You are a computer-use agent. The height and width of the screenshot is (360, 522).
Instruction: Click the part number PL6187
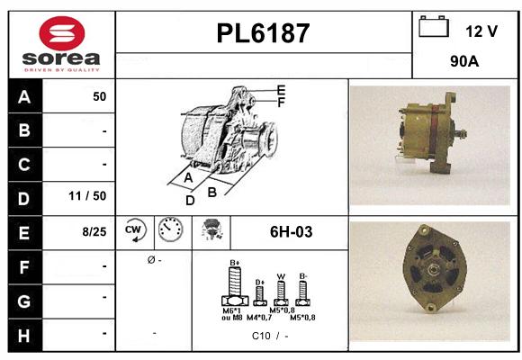tap(263, 33)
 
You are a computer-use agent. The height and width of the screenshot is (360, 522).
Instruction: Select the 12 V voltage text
tap(481, 31)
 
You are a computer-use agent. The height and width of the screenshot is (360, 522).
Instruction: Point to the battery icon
tap(435, 28)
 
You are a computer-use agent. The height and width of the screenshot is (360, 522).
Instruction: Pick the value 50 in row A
tap(99, 96)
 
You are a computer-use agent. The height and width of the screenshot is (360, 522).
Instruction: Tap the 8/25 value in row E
tap(93, 231)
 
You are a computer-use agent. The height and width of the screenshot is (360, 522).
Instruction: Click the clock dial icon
tap(169, 231)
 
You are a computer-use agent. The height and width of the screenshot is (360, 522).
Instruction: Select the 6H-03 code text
tap(291, 232)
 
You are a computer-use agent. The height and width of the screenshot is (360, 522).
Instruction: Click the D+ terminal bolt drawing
tap(259, 292)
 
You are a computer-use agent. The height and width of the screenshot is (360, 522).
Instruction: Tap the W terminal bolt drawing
tap(280, 291)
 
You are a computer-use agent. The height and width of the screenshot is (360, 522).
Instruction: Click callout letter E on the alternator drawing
tap(281, 90)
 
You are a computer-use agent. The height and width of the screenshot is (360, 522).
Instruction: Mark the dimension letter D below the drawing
tap(190, 201)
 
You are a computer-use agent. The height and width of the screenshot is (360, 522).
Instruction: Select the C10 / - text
tap(270, 336)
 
